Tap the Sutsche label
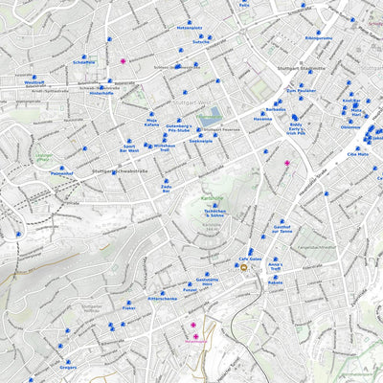coord(201,42)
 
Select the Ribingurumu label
coord(318,38)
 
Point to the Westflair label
coord(34,83)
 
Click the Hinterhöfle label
coord(101,93)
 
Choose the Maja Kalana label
coord(151,123)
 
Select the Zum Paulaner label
coord(302,90)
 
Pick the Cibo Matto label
coord(357,153)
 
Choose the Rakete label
coord(276,282)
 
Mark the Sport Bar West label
coord(129,148)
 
